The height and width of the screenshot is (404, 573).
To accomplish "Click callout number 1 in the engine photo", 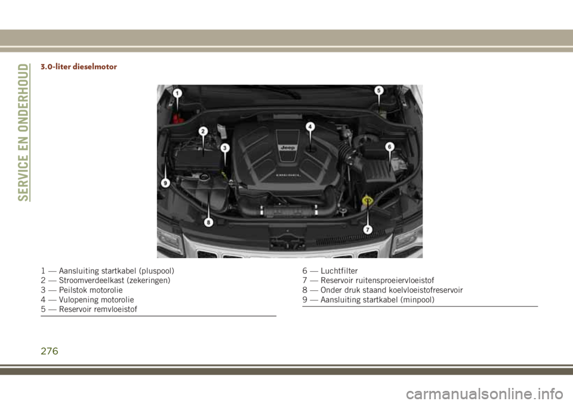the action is point(177,94).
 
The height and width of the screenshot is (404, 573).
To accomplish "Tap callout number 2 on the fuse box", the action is point(203,131).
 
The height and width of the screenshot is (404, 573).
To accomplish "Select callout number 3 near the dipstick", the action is point(225,148).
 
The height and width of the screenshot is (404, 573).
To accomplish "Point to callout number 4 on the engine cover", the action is point(310,127).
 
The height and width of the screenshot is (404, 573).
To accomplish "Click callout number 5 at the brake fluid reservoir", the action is point(379,90).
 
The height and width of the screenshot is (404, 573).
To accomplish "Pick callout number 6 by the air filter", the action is point(390,147).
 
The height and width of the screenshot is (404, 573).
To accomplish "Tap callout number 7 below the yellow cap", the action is point(367,229).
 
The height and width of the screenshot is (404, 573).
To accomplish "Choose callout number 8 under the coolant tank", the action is point(208,222).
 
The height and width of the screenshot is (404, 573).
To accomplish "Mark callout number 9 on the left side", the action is point(165,182).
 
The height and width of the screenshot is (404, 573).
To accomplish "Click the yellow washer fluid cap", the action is point(367,200).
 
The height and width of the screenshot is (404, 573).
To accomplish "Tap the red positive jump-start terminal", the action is point(178,119).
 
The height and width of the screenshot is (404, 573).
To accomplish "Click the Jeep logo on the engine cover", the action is point(288,148).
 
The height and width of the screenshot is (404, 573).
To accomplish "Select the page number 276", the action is point(50,351).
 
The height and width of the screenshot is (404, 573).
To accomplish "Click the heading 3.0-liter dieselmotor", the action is point(79,67).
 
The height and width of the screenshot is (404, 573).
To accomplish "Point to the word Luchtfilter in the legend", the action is point(339,271).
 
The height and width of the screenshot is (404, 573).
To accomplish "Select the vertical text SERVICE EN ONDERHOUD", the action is point(23,132).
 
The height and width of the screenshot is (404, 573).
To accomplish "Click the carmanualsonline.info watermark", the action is point(485,394).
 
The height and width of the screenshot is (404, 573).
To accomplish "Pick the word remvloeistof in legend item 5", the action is point(116,309).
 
